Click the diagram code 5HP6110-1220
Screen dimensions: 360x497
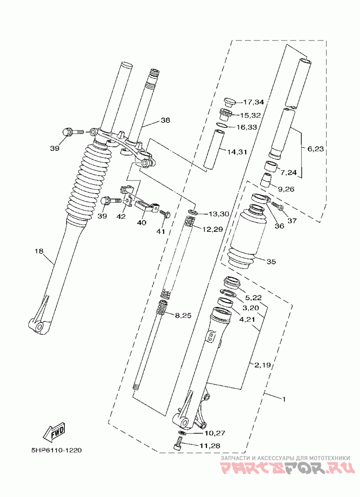tap(56, 450)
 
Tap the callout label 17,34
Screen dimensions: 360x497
tap(253, 102)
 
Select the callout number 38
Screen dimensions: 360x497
tap(165, 120)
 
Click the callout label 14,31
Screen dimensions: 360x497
tap(237, 152)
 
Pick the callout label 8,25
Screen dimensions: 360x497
tap(183, 316)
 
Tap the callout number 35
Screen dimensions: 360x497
tap(271, 262)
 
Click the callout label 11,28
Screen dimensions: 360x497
tap(210, 446)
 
